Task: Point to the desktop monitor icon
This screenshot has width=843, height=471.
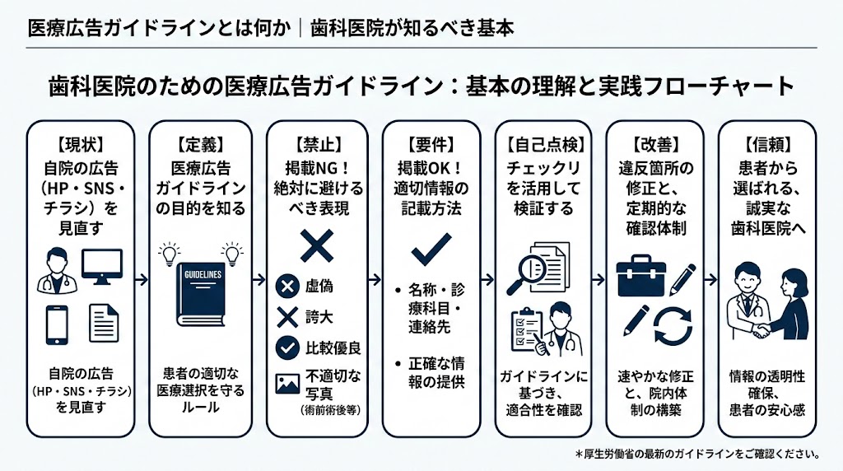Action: click(x=101, y=267)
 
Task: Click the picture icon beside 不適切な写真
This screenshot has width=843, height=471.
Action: click(x=287, y=384)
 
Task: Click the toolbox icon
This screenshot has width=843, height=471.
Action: click(x=640, y=278)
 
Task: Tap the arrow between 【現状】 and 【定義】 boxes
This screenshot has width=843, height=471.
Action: click(x=139, y=280)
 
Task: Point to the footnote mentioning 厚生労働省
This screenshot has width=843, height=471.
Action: click(x=698, y=454)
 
